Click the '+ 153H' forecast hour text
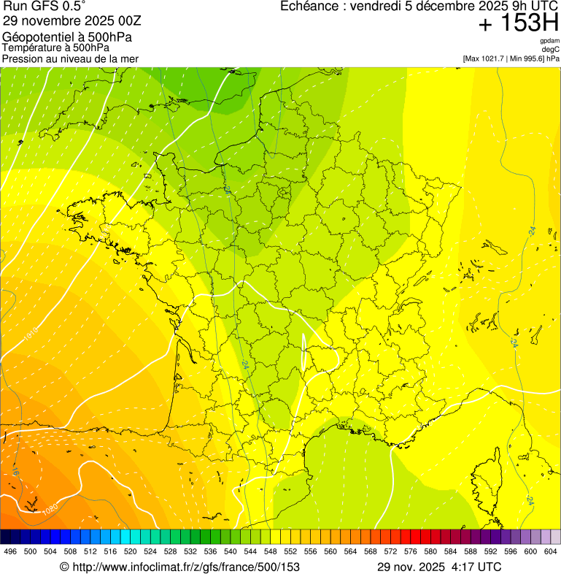[518, 24]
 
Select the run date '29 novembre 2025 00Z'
[77, 20]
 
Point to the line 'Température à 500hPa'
[56, 48]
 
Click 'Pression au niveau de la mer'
[70, 58]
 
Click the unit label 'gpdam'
[549, 42]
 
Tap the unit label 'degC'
[551, 50]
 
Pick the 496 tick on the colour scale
[10, 552]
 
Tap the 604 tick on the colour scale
[551, 552]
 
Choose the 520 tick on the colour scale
[131, 552]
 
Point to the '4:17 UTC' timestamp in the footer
[476, 567]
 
